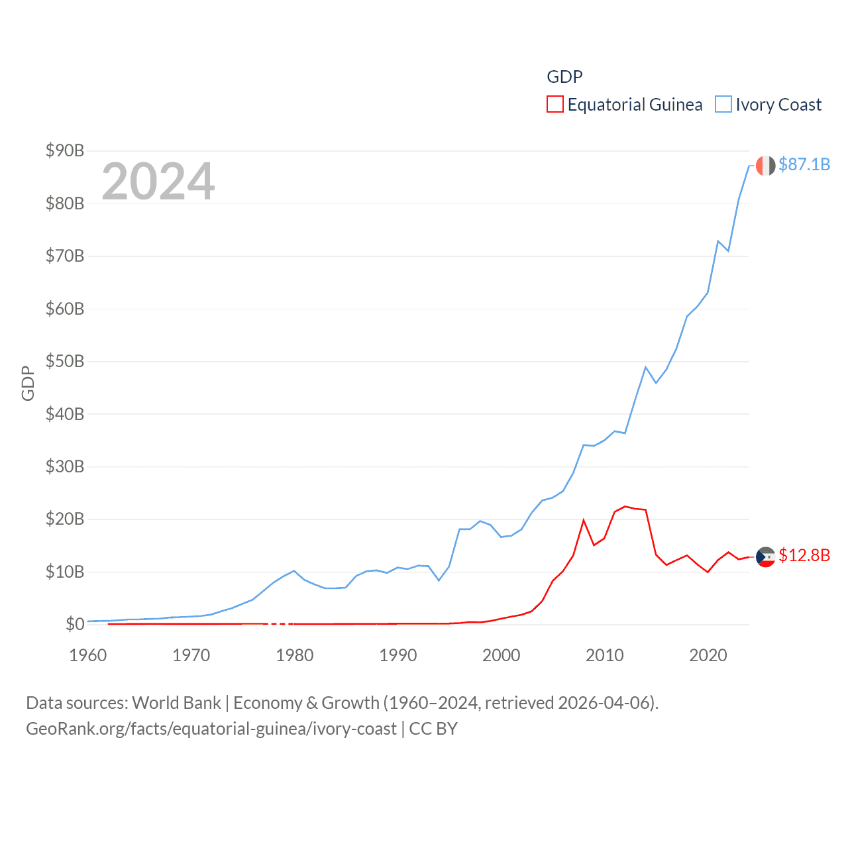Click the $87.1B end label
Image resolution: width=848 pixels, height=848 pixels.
pyautogui.click(x=804, y=164)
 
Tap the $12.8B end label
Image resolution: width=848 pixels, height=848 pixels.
pyautogui.click(x=804, y=555)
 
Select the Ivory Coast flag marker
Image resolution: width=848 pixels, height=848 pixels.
pyautogui.click(x=765, y=166)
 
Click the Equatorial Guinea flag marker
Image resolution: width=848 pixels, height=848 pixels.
pyautogui.click(x=765, y=557)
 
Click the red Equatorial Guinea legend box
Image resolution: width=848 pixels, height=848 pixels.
pyautogui.click(x=555, y=105)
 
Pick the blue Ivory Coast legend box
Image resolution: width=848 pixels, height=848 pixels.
pyautogui.click(x=723, y=105)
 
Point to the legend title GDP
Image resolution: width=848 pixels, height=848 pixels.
pyautogui.click(x=564, y=77)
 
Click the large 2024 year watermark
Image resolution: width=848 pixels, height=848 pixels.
pyautogui.click(x=158, y=182)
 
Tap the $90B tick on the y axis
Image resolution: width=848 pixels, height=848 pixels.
pyautogui.click(x=65, y=150)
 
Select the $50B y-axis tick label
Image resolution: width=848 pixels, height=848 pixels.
pyautogui.click(x=65, y=361)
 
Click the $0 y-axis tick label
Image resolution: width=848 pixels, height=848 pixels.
pyautogui.click(x=75, y=624)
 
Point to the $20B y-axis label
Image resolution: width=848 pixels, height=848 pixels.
pyautogui.click(x=65, y=519)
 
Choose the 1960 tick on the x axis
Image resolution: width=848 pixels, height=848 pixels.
pyautogui.click(x=88, y=655)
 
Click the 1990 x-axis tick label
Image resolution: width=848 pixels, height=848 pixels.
pyautogui.click(x=398, y=655)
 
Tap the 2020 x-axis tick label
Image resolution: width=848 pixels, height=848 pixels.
pyautogui.click(x=708, y=655)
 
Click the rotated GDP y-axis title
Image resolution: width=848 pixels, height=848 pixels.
pyautogui.click(x=28, y=383)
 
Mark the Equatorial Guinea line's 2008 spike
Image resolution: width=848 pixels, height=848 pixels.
pyautogui.click(x=584, y=521)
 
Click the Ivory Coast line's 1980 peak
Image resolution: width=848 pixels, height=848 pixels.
pyautogui.click(x=294, y=570)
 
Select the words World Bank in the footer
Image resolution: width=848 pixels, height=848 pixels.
pyautogui.click(x=177, y=703)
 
